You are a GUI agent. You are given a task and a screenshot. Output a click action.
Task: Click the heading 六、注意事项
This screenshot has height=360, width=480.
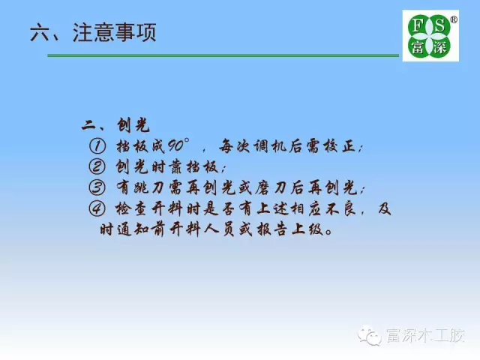click(93, 32)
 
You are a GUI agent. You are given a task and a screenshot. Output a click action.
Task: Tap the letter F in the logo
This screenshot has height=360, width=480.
click(417, 26)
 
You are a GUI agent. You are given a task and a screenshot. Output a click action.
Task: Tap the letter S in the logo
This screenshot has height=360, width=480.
click(439, 26)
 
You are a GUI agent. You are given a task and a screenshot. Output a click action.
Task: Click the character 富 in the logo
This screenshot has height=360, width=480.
click(417, 47)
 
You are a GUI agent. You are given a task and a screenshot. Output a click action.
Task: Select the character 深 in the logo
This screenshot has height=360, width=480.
click(439, 47)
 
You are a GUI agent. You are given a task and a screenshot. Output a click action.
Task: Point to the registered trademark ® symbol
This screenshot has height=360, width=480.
click(454, 19)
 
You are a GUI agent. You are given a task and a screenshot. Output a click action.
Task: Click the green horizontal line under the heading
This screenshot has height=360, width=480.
click(223, 55)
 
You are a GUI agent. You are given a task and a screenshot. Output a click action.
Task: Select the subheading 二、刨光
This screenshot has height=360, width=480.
click(115, 125)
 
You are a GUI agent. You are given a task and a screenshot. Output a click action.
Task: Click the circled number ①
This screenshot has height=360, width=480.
click(97, 145)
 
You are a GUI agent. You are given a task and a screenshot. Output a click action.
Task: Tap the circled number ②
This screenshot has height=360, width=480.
click(97, 166)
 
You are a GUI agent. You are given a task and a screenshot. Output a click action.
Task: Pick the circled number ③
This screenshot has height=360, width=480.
click(97, 187)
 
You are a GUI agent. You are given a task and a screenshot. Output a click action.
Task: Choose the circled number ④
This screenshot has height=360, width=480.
click(97, 208)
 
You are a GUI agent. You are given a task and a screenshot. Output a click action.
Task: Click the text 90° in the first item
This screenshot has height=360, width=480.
click(179, 145)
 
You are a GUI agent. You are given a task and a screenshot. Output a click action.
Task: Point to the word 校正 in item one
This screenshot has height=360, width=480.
click(337, 145)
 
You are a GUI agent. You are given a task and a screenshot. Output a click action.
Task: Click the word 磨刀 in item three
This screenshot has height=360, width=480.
click(270, 187)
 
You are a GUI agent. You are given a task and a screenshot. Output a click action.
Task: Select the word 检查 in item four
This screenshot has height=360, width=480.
click(133, 208)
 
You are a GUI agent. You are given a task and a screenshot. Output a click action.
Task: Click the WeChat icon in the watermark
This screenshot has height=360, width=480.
click(370, 335)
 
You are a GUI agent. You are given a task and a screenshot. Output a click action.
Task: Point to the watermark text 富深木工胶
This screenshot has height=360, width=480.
click(425, 335)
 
